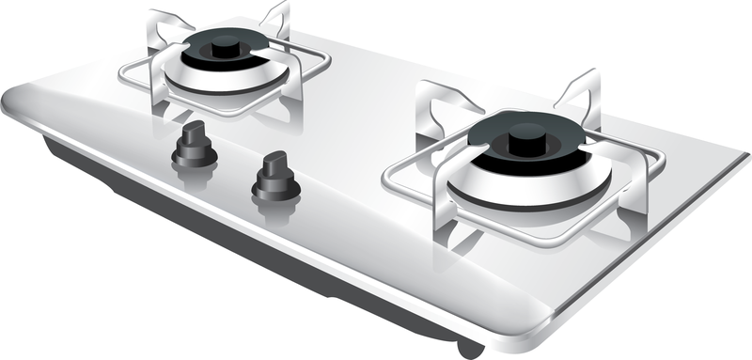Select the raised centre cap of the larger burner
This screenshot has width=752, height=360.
pos(525,141)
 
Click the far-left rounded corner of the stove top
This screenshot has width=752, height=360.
pos(13,99)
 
